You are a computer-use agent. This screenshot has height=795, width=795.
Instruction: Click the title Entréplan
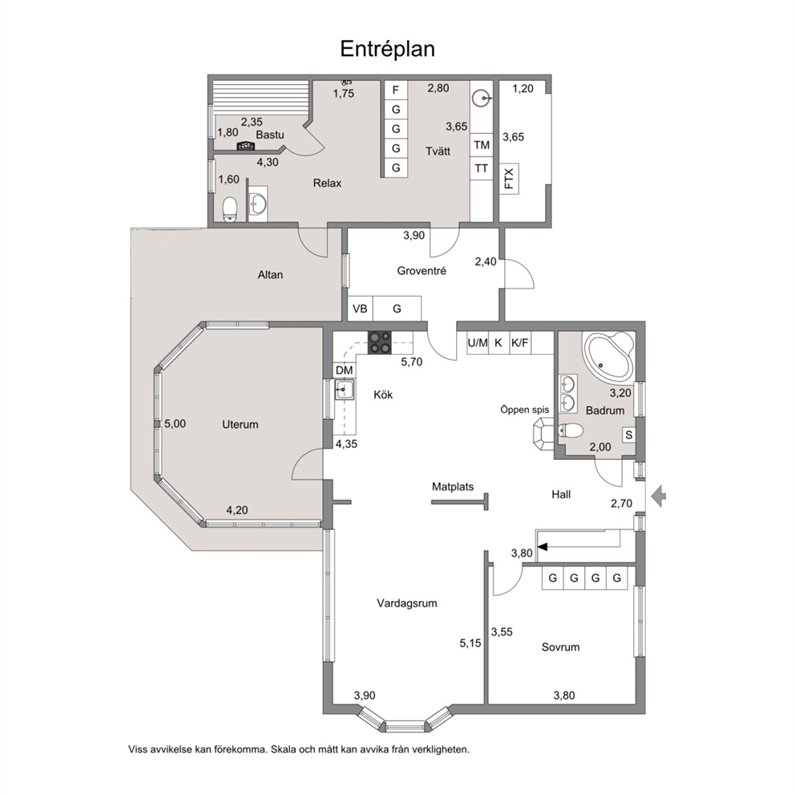pos(387,49)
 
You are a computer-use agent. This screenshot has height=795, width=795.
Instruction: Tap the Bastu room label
pos(270,135)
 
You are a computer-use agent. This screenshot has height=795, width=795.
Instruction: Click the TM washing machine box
pos(481,146)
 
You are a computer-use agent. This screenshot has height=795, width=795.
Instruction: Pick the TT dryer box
pos(481,168)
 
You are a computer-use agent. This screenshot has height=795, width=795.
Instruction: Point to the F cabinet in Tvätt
pos(396,91)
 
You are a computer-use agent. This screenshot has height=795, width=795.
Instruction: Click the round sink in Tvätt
pos(482,98)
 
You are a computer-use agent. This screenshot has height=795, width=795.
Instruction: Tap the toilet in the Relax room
pos(230,209)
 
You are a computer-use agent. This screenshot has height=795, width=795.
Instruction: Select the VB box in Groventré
pos(360,309)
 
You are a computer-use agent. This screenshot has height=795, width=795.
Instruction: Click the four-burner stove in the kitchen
pos(380,341)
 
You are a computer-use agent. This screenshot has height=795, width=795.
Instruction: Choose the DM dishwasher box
pos(345,370)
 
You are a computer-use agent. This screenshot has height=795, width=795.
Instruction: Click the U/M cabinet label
pos(477,343)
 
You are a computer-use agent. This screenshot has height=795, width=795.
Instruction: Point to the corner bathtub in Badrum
pos(608,355)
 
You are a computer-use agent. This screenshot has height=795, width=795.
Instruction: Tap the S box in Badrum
pos(628,435)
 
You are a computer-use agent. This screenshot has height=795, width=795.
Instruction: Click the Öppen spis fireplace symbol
pos(543,433)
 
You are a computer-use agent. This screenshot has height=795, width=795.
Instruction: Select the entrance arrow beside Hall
pos(658,496)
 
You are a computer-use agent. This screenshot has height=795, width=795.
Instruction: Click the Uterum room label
pos(240,425)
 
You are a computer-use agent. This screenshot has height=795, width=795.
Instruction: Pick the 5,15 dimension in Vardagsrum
pos(470,643)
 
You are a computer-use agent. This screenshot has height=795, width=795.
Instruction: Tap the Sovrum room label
pos(560,647)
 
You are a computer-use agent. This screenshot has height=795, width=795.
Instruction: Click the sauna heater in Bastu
pos(246,146)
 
